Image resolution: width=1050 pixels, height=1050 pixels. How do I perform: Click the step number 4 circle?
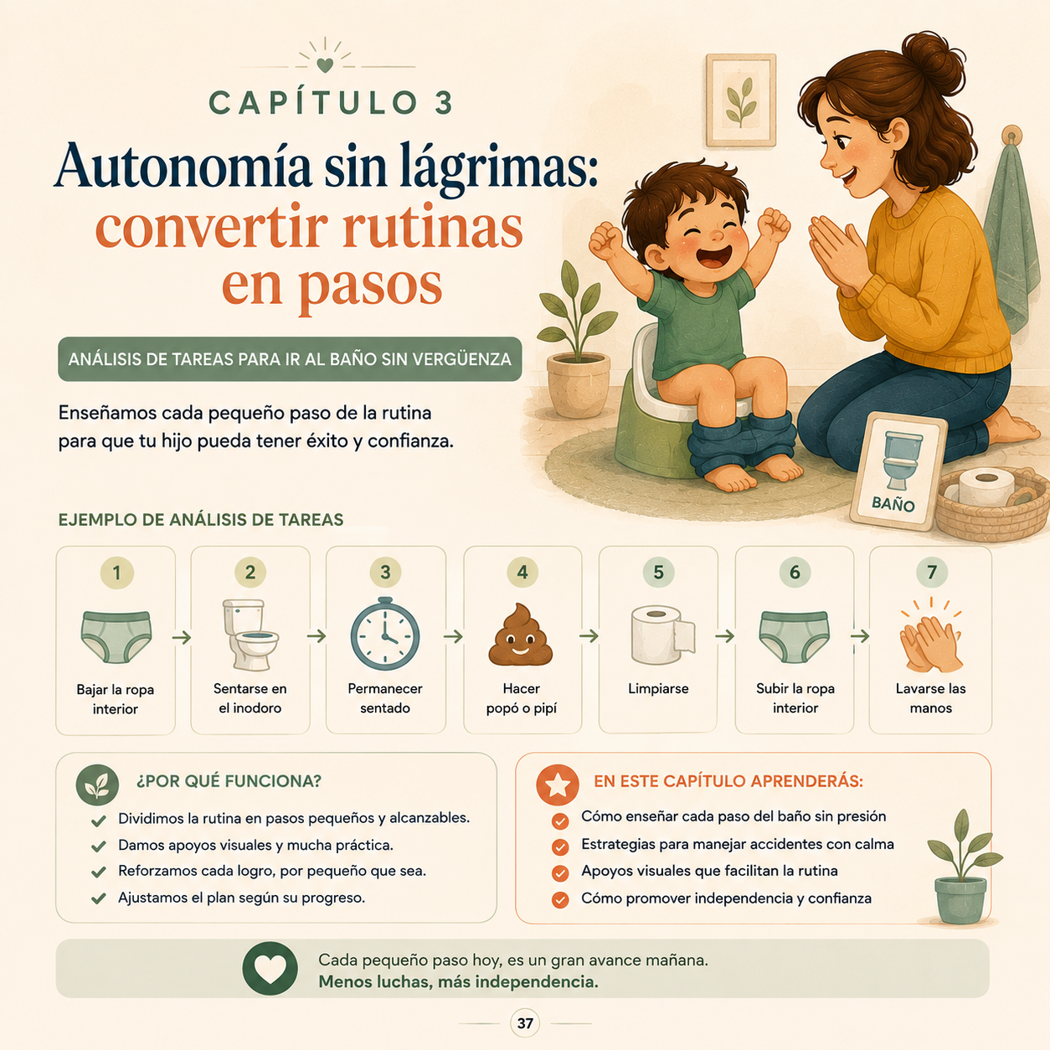click(x=522, y=572)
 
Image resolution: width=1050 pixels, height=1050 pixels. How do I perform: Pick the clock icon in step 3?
click(x=384, y=634)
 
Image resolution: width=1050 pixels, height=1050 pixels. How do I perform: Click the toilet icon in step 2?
click(x=250, y=635)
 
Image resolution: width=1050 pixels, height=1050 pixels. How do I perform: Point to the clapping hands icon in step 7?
click(x=930, y=635)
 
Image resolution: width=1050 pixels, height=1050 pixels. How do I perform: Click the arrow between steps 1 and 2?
click(x=182, y=637)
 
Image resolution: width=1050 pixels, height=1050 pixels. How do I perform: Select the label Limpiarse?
click(x=658, y=689)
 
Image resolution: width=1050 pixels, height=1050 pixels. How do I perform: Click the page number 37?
click(x=525, y=1023)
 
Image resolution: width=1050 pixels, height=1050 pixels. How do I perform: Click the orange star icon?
click(x=558, y=785)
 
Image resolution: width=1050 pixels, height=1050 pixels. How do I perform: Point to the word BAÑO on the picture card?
click(x=893, y=503)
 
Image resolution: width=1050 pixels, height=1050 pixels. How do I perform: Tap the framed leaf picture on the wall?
click(x=741, y=100)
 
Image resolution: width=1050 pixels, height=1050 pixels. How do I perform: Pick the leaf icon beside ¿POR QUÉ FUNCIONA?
click(x=97, y=785)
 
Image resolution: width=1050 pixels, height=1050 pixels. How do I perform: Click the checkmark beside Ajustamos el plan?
click(x=99, y=898)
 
